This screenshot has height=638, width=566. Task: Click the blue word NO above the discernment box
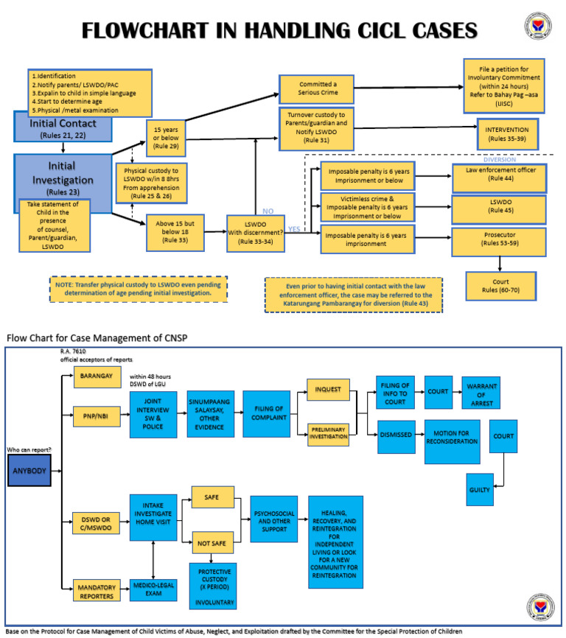point(268,211)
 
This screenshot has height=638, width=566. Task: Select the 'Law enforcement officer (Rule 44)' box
point(500,175)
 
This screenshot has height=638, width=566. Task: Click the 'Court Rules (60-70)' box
point(500,286)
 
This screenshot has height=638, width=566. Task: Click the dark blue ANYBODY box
point(29,470)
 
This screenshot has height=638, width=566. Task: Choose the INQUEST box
point(327,389)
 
